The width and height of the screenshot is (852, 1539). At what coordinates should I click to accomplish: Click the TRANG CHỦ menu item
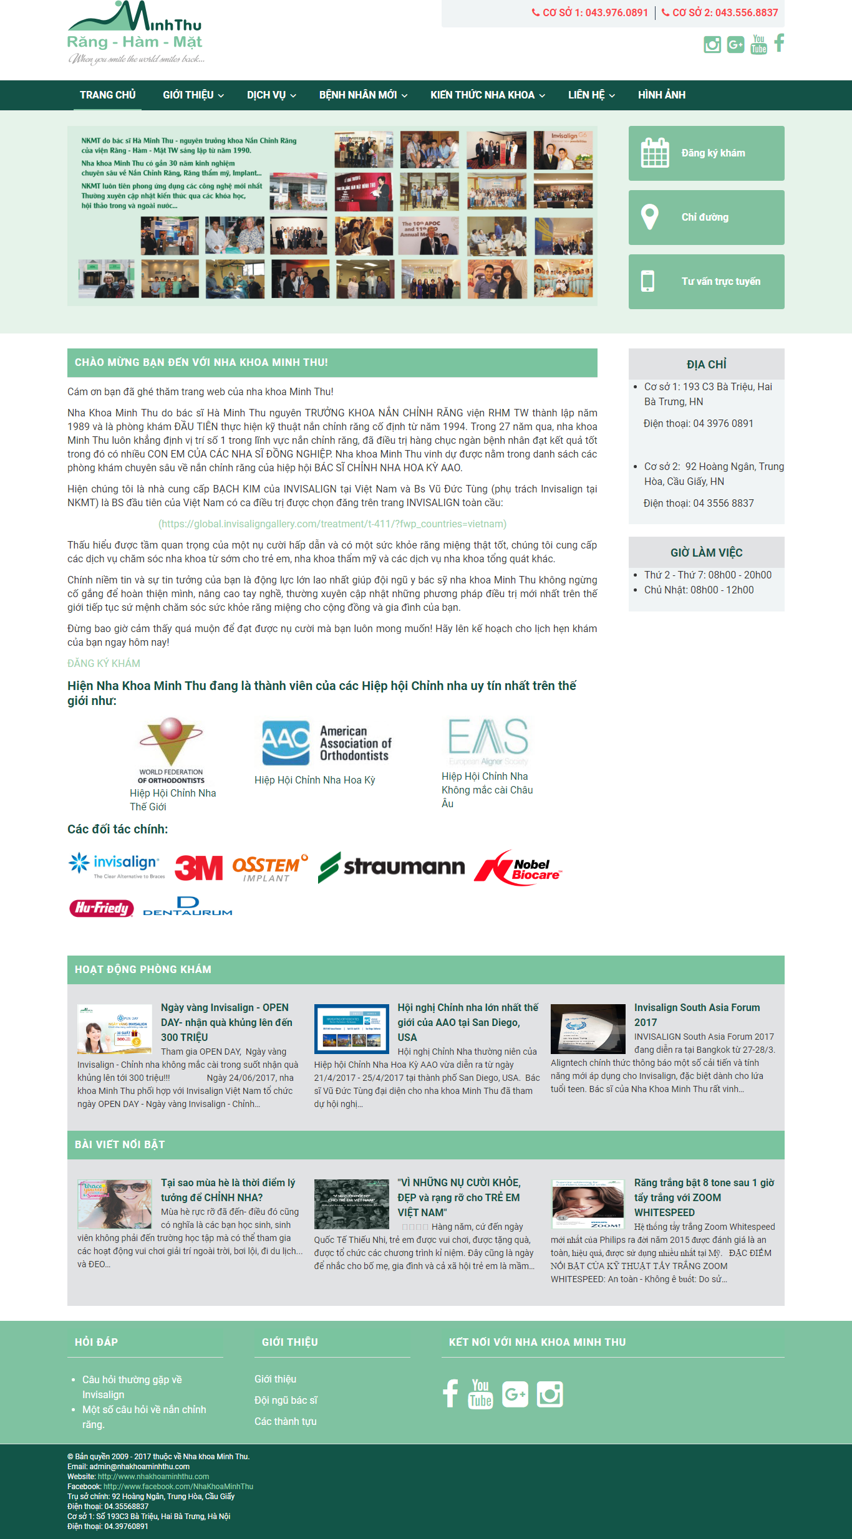click(107, 95)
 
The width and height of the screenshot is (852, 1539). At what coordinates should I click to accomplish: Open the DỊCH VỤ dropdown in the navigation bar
click(271, 95)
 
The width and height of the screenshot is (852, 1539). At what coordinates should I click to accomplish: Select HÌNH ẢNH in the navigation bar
click(661, 95)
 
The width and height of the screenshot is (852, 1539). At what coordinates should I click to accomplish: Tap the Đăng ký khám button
click(706, 153)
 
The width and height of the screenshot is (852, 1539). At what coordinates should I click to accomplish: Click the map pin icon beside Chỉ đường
click(649, 217)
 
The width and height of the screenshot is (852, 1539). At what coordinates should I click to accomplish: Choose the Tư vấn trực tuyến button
click(706, 282)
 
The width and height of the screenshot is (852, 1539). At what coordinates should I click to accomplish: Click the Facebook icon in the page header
click(779, 43)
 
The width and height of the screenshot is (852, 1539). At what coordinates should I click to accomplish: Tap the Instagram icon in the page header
click(712, 44)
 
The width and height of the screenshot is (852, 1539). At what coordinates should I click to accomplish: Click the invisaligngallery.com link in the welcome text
click(332, 524)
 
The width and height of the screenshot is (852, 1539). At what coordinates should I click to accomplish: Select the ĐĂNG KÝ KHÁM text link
click(104, 663)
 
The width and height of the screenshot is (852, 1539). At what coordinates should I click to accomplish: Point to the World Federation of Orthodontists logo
click(171, 750)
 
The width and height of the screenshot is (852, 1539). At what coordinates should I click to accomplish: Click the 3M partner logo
click(198, 867)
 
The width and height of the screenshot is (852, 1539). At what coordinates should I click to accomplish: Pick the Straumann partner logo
click(391, 867)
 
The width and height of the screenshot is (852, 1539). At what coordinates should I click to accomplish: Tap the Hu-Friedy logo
click(101, 908)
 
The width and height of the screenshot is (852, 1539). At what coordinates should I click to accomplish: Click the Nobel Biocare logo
click(518, 867)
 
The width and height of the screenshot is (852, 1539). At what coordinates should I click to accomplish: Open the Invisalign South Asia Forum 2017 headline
click(697, 1015)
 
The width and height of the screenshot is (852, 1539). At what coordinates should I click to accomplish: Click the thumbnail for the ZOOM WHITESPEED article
click(588, 1204)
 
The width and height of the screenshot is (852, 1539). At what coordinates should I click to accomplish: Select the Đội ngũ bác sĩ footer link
click(286, 1400)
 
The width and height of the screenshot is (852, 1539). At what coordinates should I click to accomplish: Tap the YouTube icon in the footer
click(480, 1394)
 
